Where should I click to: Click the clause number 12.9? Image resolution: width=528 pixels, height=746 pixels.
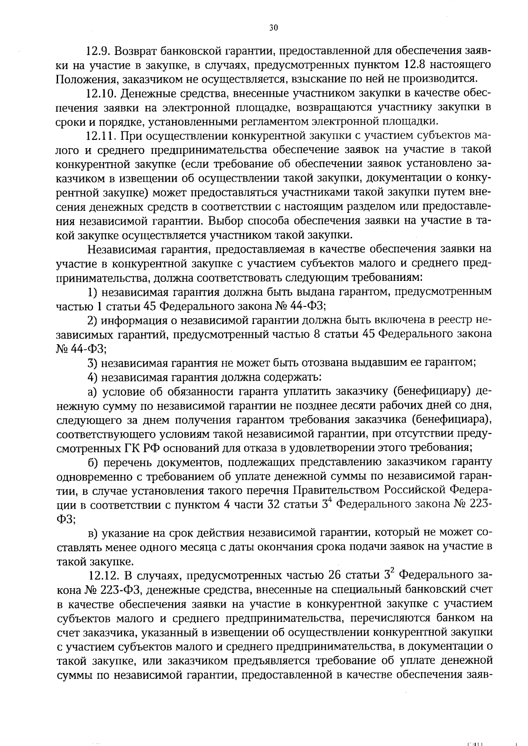point(99,51)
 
